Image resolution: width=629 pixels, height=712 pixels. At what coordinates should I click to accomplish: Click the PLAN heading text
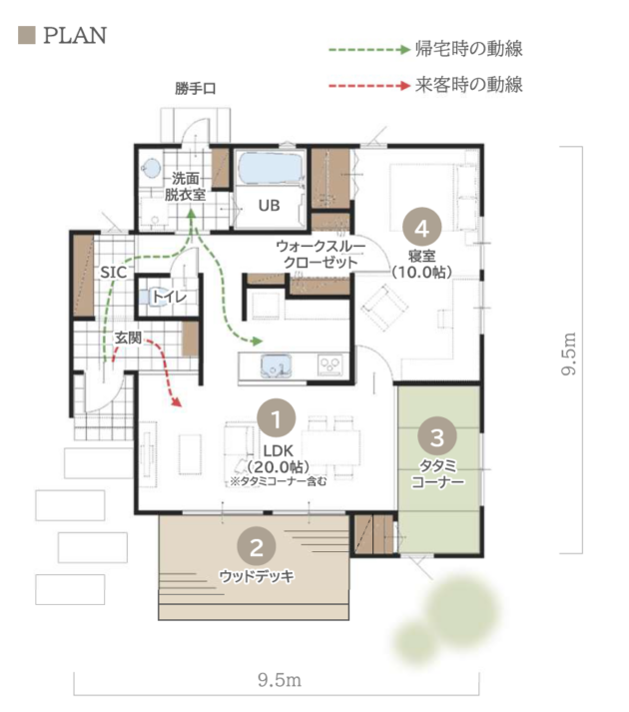pyautogui.click(x=75, y=35)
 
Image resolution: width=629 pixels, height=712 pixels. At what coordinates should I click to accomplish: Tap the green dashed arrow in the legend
pyautogui.click(x=369, y=49)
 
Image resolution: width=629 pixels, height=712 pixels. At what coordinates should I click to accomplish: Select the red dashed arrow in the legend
pyautogui.click(x=369, y=85)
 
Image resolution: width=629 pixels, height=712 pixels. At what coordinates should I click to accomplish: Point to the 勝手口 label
pyautogui.click(x=196, y=88)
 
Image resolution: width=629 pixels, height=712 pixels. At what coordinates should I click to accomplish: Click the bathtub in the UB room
pyautogui.click(x=270, y=168)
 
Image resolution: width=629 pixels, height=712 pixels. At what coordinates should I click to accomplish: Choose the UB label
pyautogui.click(x=269, y=206)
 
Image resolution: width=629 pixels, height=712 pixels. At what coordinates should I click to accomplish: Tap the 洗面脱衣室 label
pyautogui.click(x=185, y=187)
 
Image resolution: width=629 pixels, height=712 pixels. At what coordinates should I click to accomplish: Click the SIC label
pyautogui.click(x=113, y=273)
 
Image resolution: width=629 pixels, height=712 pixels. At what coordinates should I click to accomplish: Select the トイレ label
pyautogui.click(x=169, y=297)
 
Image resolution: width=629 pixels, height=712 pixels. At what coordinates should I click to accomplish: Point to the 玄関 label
pyautogui.click(x=128, y=338)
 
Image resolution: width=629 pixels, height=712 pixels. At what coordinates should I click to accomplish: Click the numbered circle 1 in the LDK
pyautogui.click(x=277, y=418)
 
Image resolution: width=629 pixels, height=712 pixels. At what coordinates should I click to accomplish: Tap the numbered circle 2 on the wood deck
pyautogui.click(x=257, y=546)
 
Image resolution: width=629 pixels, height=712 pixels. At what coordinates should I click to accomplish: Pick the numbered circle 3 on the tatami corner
pyautogui.click(x=437, y=436)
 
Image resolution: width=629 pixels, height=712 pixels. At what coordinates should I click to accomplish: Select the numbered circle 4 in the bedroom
pyautogui.click(x=422, y=227)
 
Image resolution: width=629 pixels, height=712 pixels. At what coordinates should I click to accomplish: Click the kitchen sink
pyautogui.click(x=276, y=365)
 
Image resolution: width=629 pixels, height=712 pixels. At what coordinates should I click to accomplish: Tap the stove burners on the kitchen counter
pyautogui.click(x=330, y=365)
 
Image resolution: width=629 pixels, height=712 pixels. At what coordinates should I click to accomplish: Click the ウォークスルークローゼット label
pyautogui.click(x=320, y=255)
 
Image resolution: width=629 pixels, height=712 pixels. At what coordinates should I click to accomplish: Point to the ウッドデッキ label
pyautogui.click(x=257, y=576)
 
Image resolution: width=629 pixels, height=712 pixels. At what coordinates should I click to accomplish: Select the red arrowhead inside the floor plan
pyautogui.click(x=177, y=401)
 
